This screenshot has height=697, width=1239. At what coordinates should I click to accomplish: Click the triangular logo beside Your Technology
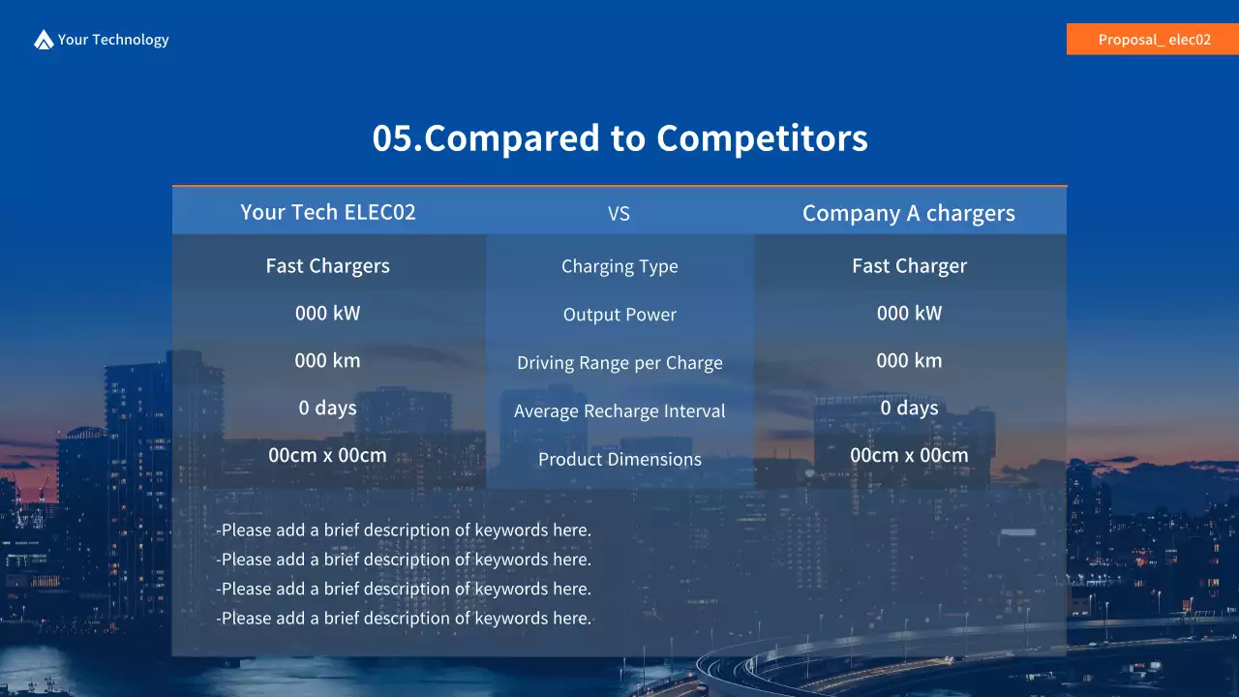point(44,40)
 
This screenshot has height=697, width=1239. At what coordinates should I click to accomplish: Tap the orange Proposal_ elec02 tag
point(1153,40)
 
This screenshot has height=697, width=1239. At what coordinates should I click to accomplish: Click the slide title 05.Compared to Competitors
point(619,138)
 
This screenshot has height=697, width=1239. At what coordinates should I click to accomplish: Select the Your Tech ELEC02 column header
point(328,212)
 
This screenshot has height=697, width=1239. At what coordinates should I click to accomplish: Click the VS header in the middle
point(619,214)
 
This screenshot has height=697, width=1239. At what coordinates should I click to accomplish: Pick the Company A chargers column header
point(909,214)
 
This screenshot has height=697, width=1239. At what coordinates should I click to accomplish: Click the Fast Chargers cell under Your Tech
point(328,266)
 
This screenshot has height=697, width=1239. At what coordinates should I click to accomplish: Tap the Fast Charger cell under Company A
point(909,266)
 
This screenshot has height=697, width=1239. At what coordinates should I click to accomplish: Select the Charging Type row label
point(619,267)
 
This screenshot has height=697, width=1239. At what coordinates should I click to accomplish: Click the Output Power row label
point(619,316)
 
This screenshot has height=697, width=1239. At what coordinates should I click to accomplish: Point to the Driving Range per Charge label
point(619,364)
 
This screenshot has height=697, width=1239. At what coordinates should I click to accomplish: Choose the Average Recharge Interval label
point(619,411)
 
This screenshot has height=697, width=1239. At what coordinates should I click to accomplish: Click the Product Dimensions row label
point(619,460)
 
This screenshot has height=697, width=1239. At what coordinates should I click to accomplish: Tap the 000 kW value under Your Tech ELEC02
point(328,314)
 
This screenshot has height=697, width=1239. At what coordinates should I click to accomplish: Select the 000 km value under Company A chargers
point(909,361)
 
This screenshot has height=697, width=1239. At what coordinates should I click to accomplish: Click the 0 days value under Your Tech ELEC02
point(328,409)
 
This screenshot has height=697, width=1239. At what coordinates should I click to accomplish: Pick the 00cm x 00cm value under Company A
point(909,456)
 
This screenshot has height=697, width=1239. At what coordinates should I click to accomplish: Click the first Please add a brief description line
point(404,530)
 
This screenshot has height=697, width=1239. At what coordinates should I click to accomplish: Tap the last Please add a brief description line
point(404,618)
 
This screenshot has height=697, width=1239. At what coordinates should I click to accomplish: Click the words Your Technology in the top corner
point(113,40)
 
